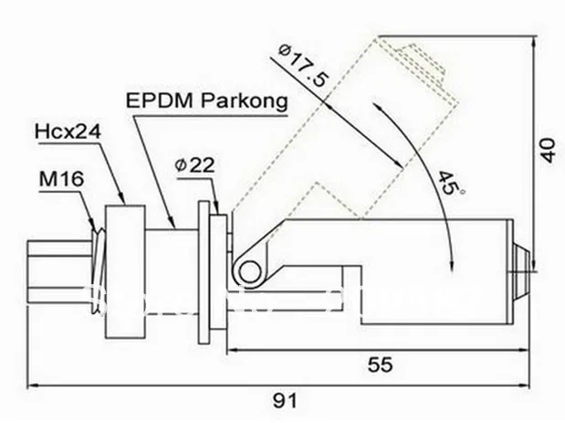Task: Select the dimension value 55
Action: (381, 365)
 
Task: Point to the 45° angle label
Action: (447, 186)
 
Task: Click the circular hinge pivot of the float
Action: (246, 268)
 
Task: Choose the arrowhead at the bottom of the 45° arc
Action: (452, 265)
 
